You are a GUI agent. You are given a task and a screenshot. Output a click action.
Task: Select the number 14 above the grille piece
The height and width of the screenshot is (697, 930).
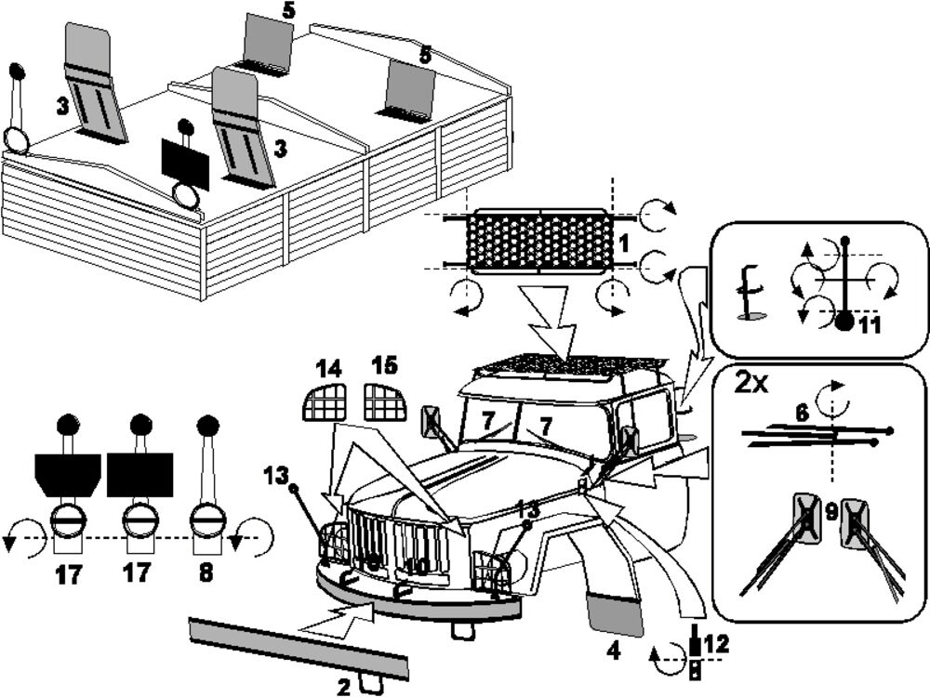click(x=327, y=367)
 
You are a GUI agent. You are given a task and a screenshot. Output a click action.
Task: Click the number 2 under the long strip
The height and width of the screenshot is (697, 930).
click(x=345, y=689)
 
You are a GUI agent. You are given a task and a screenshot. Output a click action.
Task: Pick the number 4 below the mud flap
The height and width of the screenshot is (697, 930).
click(x=613, y=651)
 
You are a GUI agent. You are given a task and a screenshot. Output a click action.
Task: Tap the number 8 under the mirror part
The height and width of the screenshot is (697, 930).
click(x=206, y=573)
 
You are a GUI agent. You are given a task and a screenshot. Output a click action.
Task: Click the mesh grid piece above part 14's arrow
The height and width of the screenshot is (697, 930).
click(x=325, y=403)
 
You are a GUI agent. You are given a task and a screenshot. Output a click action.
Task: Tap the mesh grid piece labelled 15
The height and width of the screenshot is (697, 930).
click(x=384, y=402)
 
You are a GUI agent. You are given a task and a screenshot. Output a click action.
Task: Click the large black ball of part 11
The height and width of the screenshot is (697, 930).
click(x=844, y=322)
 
